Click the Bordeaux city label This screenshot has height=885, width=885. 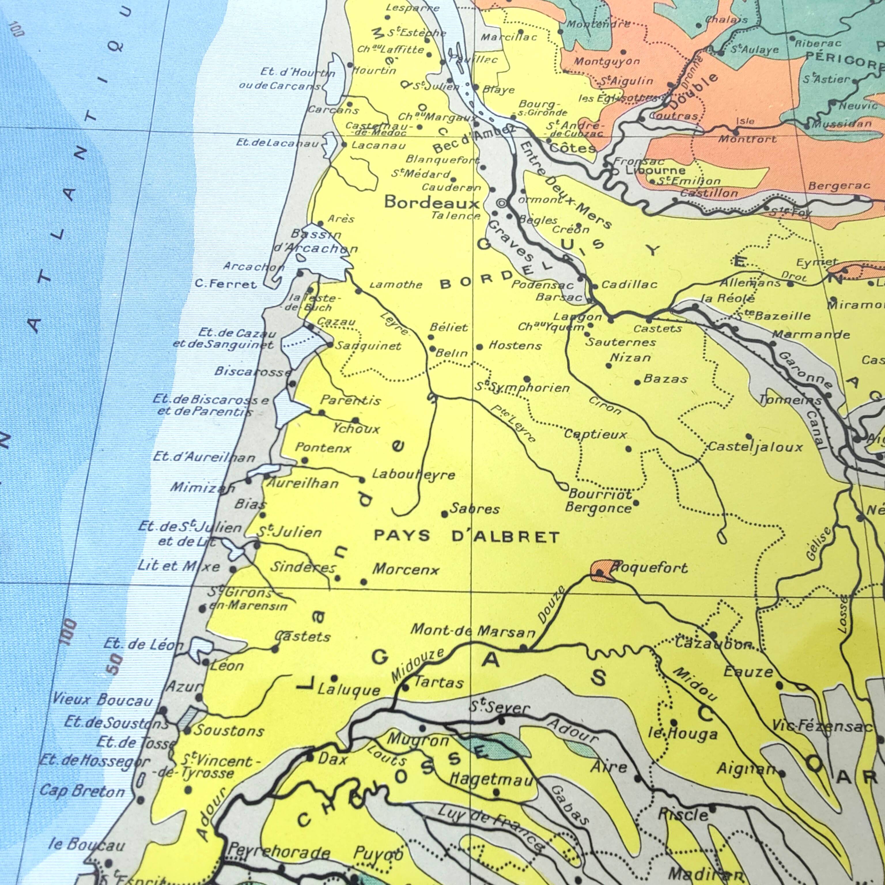(x=432, y=202)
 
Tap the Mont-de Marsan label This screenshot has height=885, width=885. (x=473, y=631)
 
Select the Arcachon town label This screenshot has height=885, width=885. (x=253, y=266)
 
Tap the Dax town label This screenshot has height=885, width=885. (x=332, y=759)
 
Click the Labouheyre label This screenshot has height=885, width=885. (x=413, y=474)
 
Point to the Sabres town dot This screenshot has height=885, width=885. (x=444, y=515)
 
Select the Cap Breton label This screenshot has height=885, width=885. (x=82, y=791)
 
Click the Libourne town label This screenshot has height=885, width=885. (x=655, y=170)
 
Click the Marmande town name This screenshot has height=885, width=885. (x=811, y=334)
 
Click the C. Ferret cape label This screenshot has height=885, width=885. (x=225, y=284)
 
